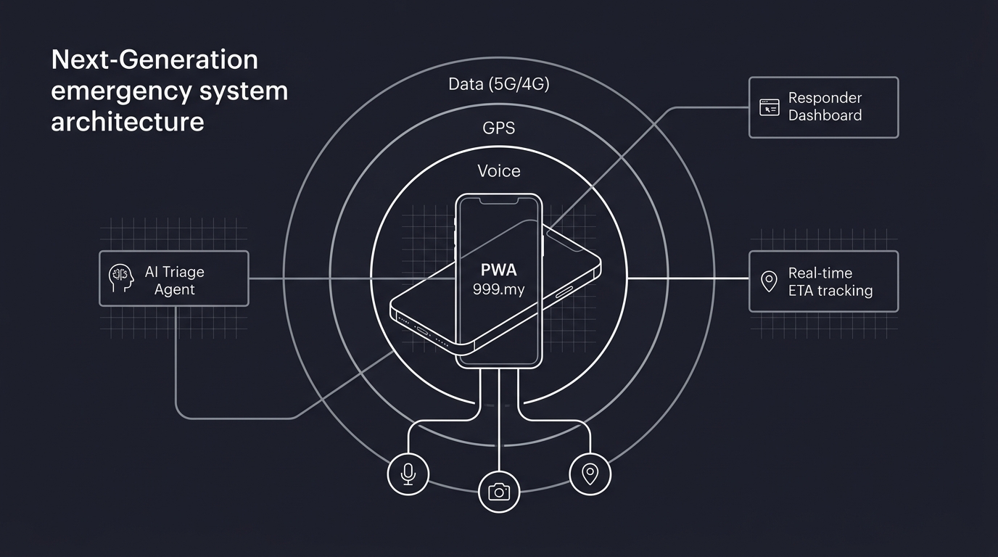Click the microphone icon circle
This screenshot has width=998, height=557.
pos(408,474)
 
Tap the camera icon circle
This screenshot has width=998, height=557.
pos(499,492)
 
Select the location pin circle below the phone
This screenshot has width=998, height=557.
pos(590,474)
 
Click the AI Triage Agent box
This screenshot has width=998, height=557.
pos(174,278)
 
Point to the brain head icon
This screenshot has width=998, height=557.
pos(121,278)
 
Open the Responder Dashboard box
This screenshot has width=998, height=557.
pos(823,107)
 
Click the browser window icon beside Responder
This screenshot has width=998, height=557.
pos(769,107)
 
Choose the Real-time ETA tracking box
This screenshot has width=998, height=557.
pos(823,281)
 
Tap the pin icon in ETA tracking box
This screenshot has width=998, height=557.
pos(769,281)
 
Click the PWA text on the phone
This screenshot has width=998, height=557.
pos(499,271)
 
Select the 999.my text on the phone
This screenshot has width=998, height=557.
pos(499,289)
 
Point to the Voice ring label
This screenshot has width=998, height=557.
pos(499,171)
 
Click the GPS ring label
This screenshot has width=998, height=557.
pos(499,128)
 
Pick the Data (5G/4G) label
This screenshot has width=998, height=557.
pos(499,84)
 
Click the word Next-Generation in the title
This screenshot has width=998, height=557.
pos(154,59)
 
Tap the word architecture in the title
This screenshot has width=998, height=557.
pos(128,121)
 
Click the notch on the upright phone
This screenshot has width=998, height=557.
pos(499,199)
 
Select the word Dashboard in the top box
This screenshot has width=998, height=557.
pos(825,116)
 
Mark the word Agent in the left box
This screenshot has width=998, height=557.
pos(175,289)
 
